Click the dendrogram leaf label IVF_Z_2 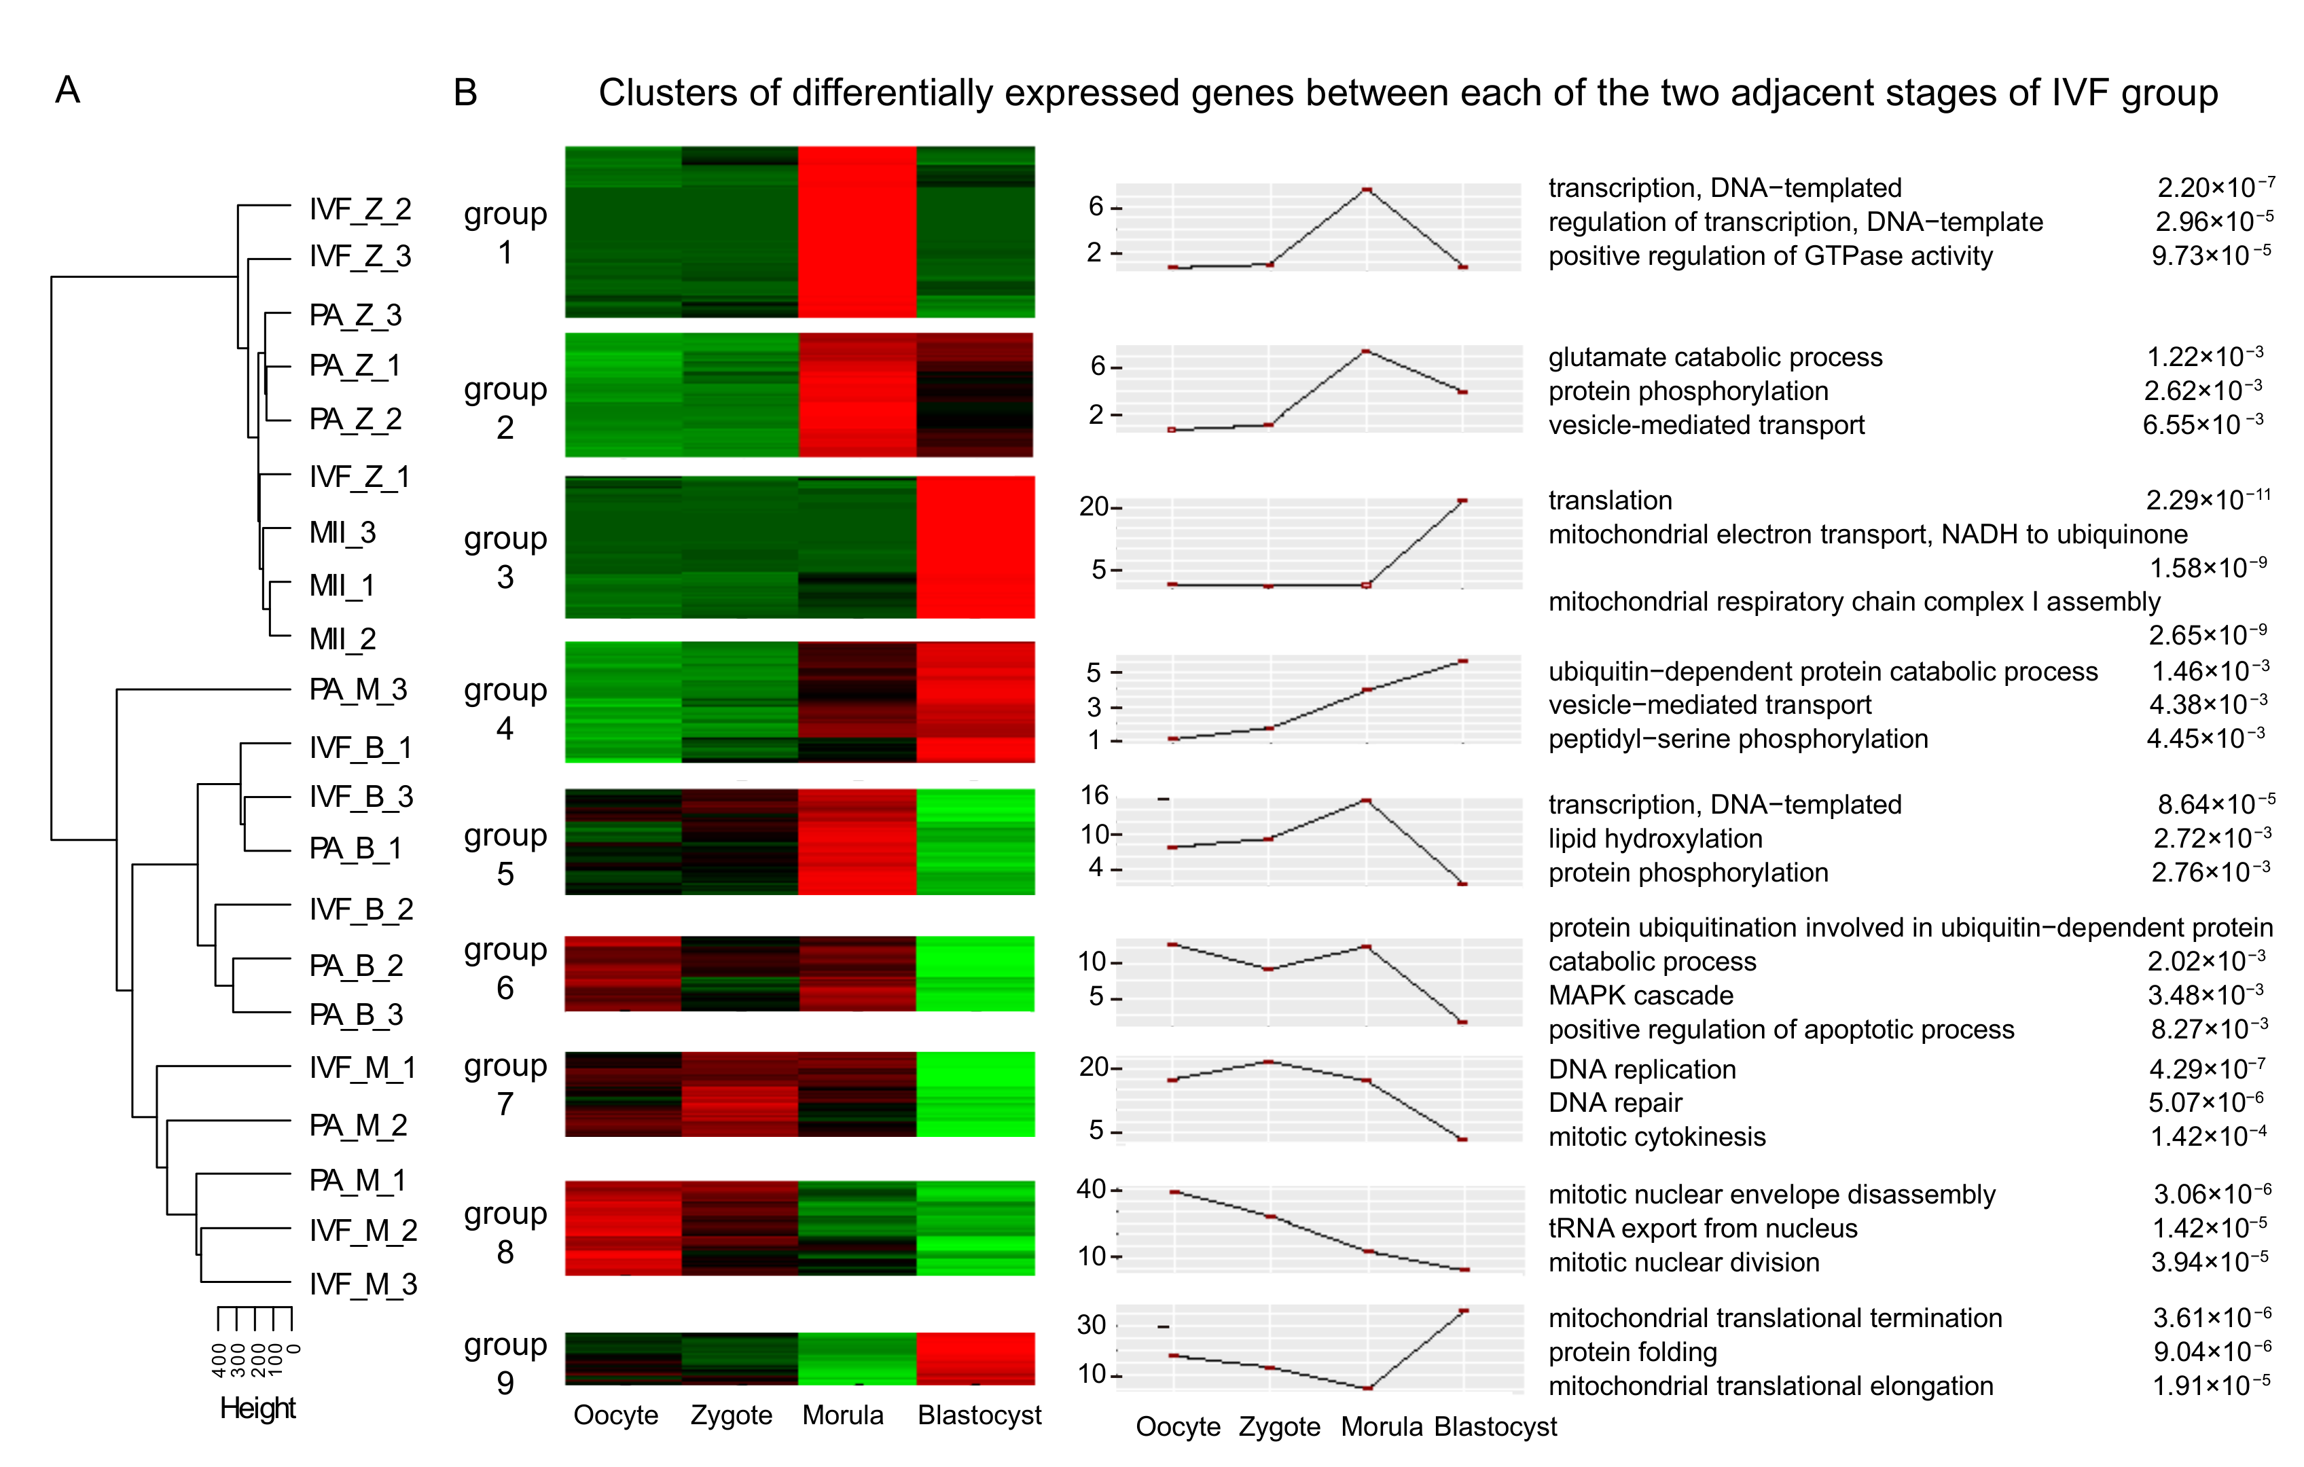(x=360, y=209)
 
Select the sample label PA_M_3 (x=358, y=689)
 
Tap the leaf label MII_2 (x=342, y=638)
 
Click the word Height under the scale (x=257, y=1408)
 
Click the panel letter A (x=67, y=90)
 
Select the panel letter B (x=465, y=93)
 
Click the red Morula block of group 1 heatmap (x=857, y=232)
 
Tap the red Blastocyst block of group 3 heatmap (x=975, y=547)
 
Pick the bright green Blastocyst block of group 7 (x=975, y=1093)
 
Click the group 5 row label (x=505, y=854)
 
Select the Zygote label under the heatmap (x=731, y=1415)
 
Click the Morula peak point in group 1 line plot (x=1367, y=190)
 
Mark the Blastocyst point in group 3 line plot (x=1462, y=501)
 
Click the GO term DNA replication (x=1642, y=1069)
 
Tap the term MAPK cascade (x=1640, y=995)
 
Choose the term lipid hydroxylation (x=1655, y=838)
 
